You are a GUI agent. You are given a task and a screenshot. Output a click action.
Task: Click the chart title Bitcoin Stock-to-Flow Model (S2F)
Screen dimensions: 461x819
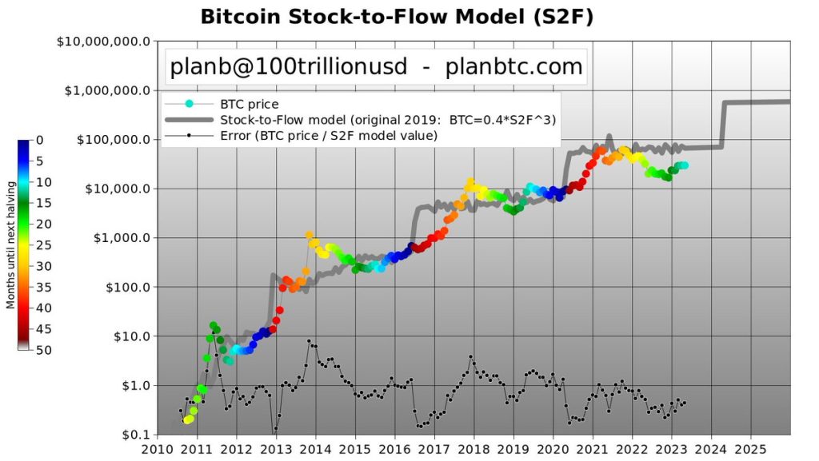[397, 17]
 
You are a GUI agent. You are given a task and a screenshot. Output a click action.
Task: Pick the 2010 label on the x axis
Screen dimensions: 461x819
[157, 449]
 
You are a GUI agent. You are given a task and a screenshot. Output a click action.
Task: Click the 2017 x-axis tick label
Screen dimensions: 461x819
[434, 449]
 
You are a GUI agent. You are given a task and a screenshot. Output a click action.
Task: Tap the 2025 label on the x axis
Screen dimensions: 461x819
[751, 449]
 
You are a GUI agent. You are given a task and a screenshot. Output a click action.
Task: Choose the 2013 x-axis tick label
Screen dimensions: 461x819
[276, 449]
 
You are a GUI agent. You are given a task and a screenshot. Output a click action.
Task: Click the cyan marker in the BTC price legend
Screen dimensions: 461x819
[190, 104]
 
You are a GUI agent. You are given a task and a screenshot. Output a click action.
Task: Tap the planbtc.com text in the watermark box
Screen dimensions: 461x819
[514, 67]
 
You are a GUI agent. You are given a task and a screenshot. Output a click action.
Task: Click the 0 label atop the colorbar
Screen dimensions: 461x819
[40, 141]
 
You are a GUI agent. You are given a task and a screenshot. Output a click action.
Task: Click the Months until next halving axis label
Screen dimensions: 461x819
[10, 244]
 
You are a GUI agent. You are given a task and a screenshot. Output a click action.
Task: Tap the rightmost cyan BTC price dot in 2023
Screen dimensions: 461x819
[685, 165]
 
